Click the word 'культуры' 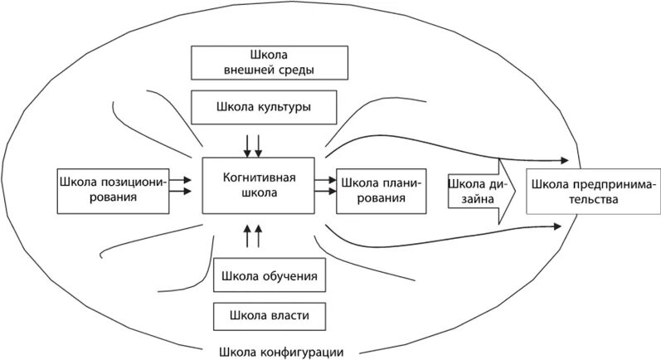(x=285, y=108)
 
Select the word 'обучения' (x=291, y=275)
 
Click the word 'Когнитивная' (x=259, y=177)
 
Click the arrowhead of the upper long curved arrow (x=565, y=159)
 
